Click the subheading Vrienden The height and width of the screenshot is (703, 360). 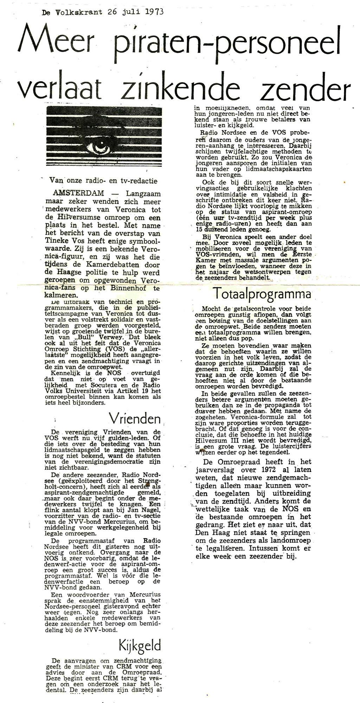click(x=135, y=419)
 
